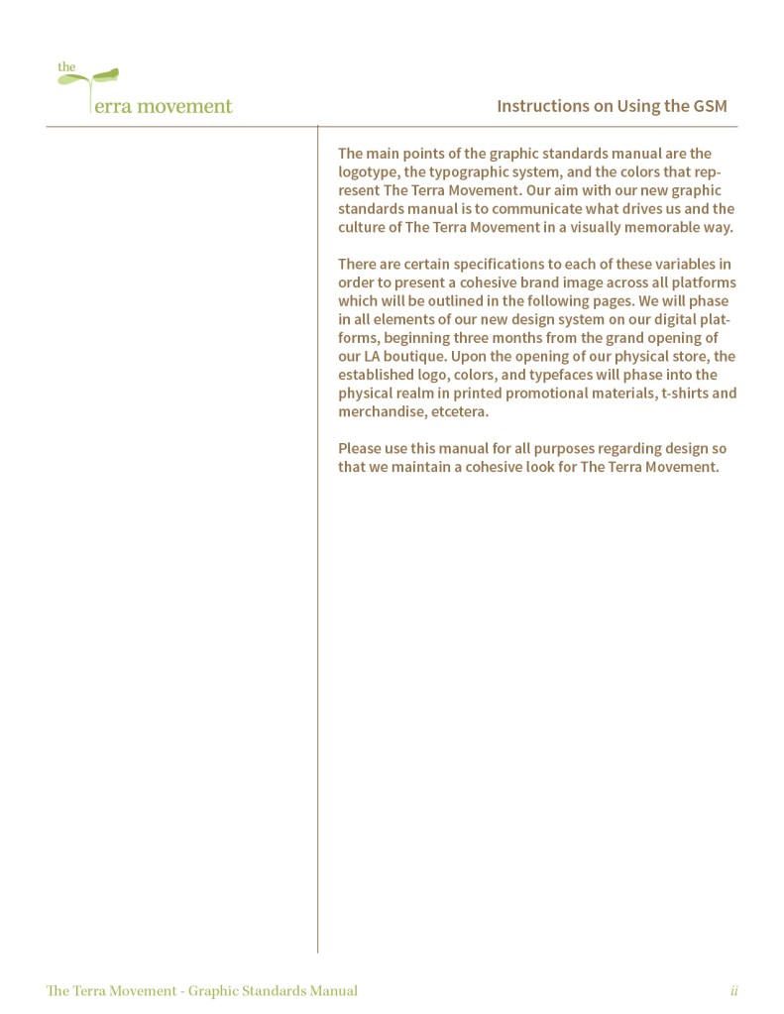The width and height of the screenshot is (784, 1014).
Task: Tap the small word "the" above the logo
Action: [x=65, y=67]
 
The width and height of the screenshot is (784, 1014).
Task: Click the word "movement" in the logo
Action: [x=184, y=106]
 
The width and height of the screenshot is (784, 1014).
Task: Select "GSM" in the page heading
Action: [x=711, y=106]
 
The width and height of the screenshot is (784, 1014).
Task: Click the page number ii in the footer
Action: [x=734, y=990]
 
